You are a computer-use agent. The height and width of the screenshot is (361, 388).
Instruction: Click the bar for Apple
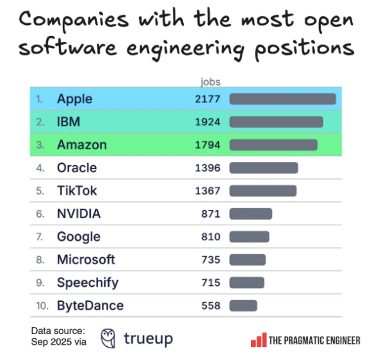coord(282,99)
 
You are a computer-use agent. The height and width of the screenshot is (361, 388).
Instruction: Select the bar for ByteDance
coord(243,305)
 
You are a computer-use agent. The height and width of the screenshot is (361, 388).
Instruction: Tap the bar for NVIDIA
coord(250,214)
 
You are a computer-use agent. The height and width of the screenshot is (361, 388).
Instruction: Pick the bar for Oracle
coord(264,168)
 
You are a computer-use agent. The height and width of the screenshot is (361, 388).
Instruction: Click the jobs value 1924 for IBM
coord(207,122)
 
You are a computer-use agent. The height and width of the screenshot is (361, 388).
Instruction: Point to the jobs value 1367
coord(207,191)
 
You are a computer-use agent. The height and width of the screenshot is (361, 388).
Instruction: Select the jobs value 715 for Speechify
coord(210,283)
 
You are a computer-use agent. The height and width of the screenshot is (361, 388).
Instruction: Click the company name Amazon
coord(82,145)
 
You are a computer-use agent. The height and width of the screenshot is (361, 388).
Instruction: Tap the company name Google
coord(79,237)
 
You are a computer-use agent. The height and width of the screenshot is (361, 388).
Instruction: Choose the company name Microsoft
coord(86,260)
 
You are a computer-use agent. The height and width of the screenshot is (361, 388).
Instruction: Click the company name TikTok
coord(77,191)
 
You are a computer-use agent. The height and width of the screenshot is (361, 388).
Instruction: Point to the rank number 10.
coord(42,306)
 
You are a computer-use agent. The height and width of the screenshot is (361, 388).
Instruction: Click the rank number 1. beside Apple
coord(40,99)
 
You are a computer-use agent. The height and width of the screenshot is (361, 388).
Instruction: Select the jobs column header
coord(210,82)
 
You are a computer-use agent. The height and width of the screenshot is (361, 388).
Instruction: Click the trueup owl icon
coord(108,338)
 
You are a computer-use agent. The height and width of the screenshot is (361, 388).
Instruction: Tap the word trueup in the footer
coord(147,339)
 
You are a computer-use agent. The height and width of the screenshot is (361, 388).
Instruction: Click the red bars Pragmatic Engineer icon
coord(258,340)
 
